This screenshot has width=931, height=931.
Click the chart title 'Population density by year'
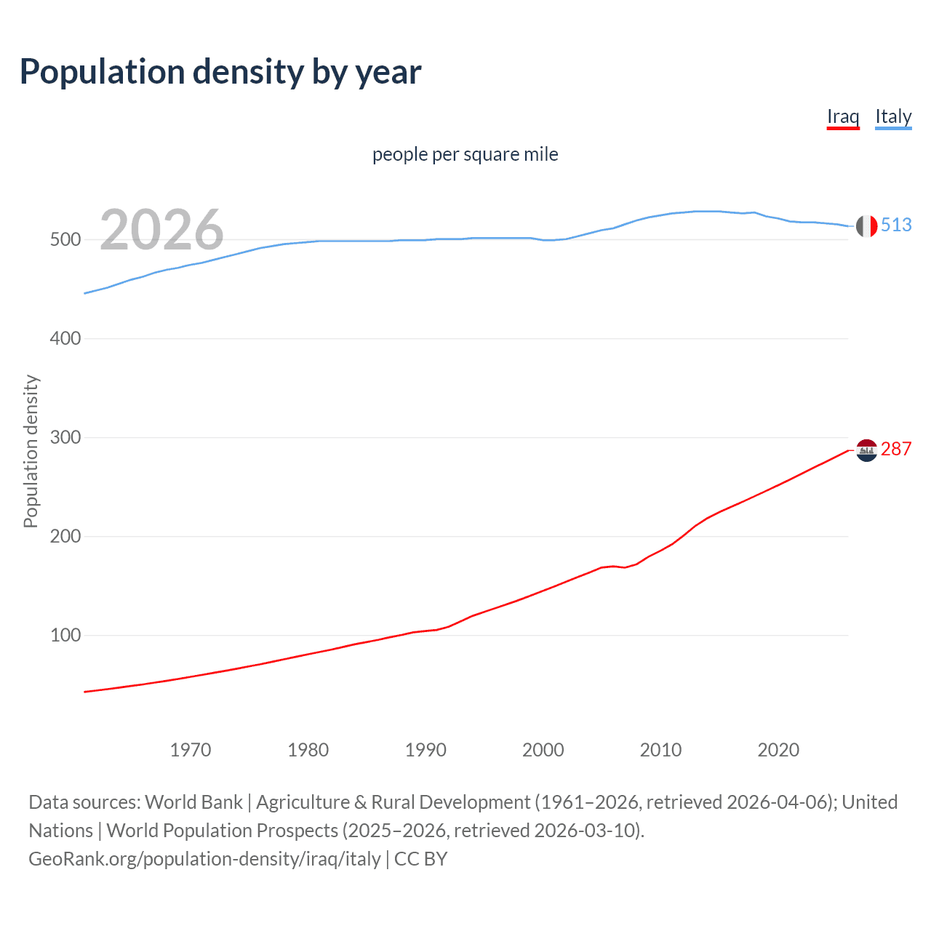[x=220, y=72]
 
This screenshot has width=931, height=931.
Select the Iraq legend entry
[x=843, y=116]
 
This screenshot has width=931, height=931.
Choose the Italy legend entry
[x=893, y=116]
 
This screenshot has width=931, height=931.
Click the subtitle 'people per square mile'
[x=465, y=154]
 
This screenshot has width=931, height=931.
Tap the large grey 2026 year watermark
[x=161, y=230]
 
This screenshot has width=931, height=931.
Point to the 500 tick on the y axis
[x=65, y=239]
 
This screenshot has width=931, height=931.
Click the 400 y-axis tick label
[x=65, y=338]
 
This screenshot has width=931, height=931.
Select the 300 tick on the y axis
[x=65, y=437]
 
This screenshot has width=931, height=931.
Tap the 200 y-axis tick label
[x=65, y=536]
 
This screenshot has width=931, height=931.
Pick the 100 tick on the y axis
[x=65, y=635]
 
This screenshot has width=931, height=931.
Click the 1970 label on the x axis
[x=191, y=750]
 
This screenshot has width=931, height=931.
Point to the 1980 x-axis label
[x=308, y=750]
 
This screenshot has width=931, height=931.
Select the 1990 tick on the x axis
[x=425, y=750]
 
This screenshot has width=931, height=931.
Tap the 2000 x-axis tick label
[x=543, y=750]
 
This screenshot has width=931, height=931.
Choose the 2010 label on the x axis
[x=660, y=750]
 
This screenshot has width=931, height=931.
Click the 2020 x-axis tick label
[x=778, y=750]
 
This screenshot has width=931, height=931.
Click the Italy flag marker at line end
[x=866, y=226]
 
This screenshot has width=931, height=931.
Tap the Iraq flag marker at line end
[x=866, y=450]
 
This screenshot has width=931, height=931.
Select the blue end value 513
[x=896, y=225]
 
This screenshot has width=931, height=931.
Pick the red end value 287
[x=896, y=449]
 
